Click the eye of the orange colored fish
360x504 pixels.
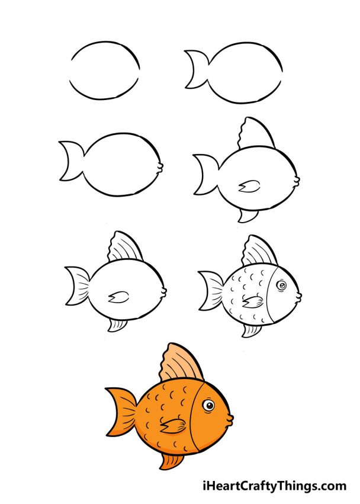tap(208, 406)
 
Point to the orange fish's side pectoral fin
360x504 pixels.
tap(173, 425)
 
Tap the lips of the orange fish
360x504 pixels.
tap(229, 419)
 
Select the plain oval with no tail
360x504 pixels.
tap(105, 70)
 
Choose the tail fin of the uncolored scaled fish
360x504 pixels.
tap(211, 290)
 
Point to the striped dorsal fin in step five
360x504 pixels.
tap(125, 248)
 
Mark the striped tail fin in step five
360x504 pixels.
tap(78, 285)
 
